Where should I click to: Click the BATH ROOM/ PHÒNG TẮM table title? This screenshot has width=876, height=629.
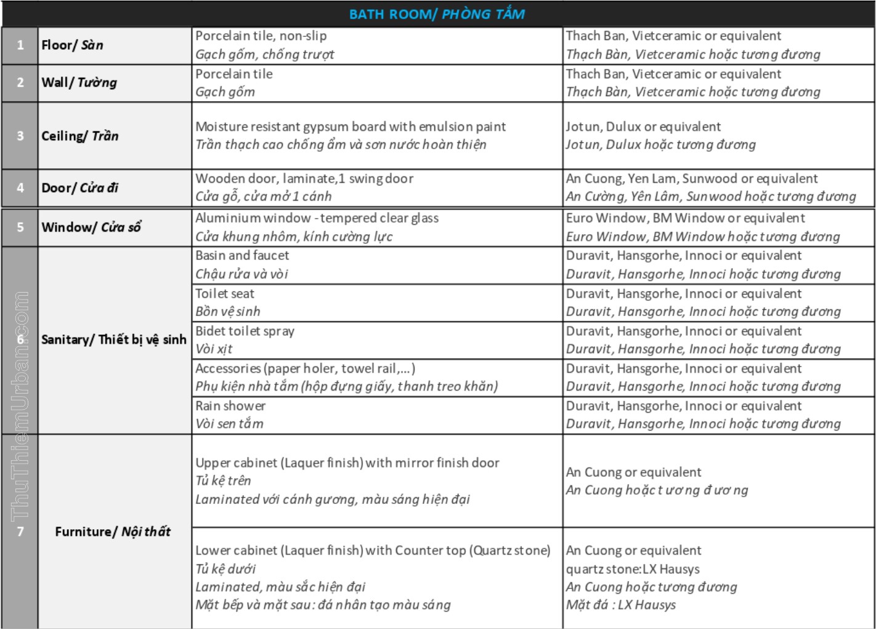(x=437, y=14)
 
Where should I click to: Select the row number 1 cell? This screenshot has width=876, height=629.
(x=20, y=45)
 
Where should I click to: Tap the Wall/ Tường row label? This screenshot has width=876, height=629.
(x=79, y=83)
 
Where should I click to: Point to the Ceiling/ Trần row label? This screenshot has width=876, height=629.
(x=79, y=136)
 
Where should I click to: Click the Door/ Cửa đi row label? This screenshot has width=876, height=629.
(x=79, y=188)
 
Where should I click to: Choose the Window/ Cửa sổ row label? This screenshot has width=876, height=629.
(x=91, y=227)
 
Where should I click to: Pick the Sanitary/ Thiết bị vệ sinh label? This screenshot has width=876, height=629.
(x=113, y=339)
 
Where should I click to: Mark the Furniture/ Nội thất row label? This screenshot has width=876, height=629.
(x=113, y=532)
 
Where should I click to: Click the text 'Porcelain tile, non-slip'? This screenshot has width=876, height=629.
(x=261, y=36)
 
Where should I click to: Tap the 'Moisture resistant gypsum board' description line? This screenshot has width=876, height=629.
(x=351, y=126)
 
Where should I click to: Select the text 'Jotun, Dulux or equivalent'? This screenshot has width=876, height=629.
(x=643, y=126)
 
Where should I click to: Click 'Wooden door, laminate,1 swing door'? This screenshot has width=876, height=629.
(x=304, y=179)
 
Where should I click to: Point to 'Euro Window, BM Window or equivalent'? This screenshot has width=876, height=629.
(x=685, y=218)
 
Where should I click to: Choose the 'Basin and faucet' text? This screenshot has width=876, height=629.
(x=242, y=255)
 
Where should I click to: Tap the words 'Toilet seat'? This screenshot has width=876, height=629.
(x=225, y=294)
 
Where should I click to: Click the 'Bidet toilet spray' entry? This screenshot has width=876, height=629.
(x=245, y=331)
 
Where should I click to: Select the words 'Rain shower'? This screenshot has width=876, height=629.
(x=230, y=406)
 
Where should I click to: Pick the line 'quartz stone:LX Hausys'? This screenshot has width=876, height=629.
(x=633, y=569)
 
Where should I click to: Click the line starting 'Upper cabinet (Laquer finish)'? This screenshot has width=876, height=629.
(x=347, y=463)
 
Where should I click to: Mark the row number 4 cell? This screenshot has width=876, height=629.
(x=20, y=188)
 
